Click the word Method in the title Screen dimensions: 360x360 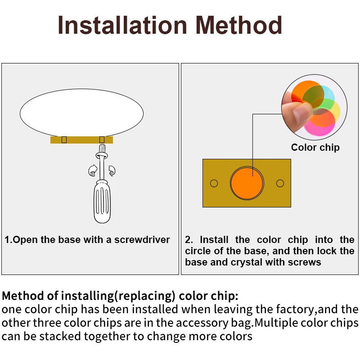point(239,26)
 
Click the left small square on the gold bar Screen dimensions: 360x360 point(64,140)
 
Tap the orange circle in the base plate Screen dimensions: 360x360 point(247,183)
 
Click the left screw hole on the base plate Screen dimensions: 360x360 point(214,183)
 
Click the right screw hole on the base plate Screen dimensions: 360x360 point(280,183)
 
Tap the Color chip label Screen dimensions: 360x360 point(315,148)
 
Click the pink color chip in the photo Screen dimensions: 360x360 point(320,129)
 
